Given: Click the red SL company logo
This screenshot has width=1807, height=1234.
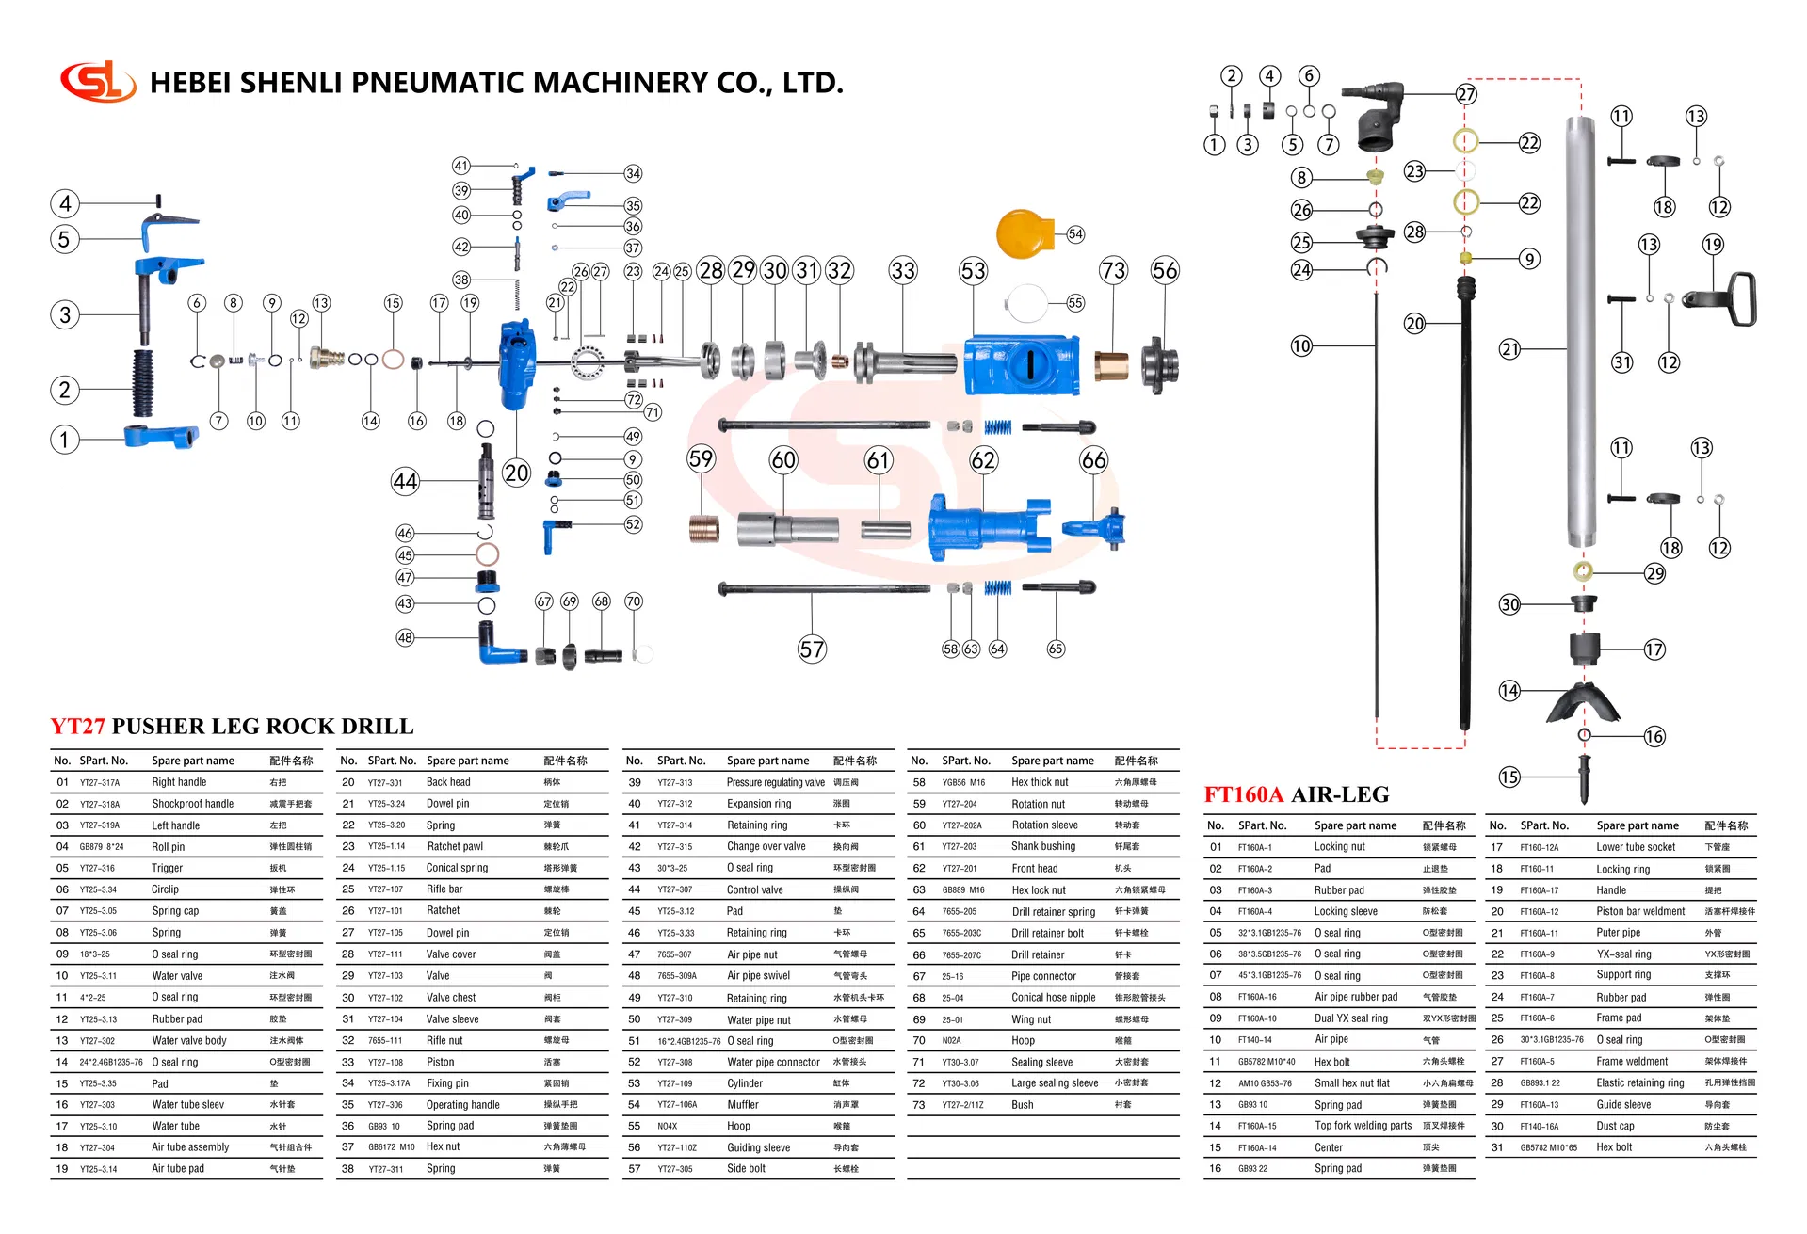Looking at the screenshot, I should point(97,82).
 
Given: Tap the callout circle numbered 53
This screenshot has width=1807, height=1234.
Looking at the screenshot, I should point(973,271).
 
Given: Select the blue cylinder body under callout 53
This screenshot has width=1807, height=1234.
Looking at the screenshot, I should point(1021,365).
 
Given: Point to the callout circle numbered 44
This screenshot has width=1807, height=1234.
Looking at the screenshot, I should point(405,482).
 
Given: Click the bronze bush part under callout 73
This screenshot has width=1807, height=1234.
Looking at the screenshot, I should point(1112,365).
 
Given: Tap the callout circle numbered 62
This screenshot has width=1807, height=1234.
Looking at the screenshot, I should point(983,460).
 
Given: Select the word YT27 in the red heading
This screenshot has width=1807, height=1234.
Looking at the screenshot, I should point(77,727).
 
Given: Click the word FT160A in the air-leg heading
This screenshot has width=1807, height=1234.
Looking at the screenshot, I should point(1243,794).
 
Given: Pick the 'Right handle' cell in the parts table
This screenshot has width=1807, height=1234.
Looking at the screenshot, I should point(179,782).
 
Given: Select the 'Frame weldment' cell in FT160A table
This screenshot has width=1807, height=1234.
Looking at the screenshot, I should point(1632,1062).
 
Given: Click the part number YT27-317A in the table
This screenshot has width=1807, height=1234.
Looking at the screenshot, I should point(100,783).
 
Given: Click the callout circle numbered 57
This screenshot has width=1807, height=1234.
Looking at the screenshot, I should point(812,649).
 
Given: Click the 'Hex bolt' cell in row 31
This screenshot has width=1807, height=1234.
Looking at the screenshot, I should point(1614,1147).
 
